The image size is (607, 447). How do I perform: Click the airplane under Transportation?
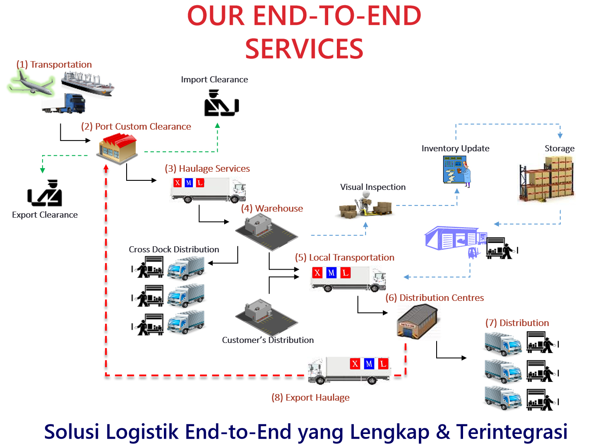31,84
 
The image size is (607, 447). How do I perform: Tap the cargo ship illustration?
88,82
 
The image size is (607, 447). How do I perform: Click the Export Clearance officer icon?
45,193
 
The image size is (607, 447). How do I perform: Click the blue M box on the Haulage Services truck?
189,183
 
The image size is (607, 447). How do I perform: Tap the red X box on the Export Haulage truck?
355,364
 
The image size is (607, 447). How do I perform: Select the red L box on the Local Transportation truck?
346,273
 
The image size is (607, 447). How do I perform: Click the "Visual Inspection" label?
373,187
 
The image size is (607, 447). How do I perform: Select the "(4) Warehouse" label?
272,209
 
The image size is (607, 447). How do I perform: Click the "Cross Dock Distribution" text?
174,249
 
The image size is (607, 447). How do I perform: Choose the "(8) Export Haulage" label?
310,398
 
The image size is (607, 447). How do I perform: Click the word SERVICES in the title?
304,49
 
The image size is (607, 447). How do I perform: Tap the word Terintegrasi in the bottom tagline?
512,432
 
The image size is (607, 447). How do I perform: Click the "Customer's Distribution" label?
268,340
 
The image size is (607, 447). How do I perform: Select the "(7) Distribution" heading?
517,323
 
